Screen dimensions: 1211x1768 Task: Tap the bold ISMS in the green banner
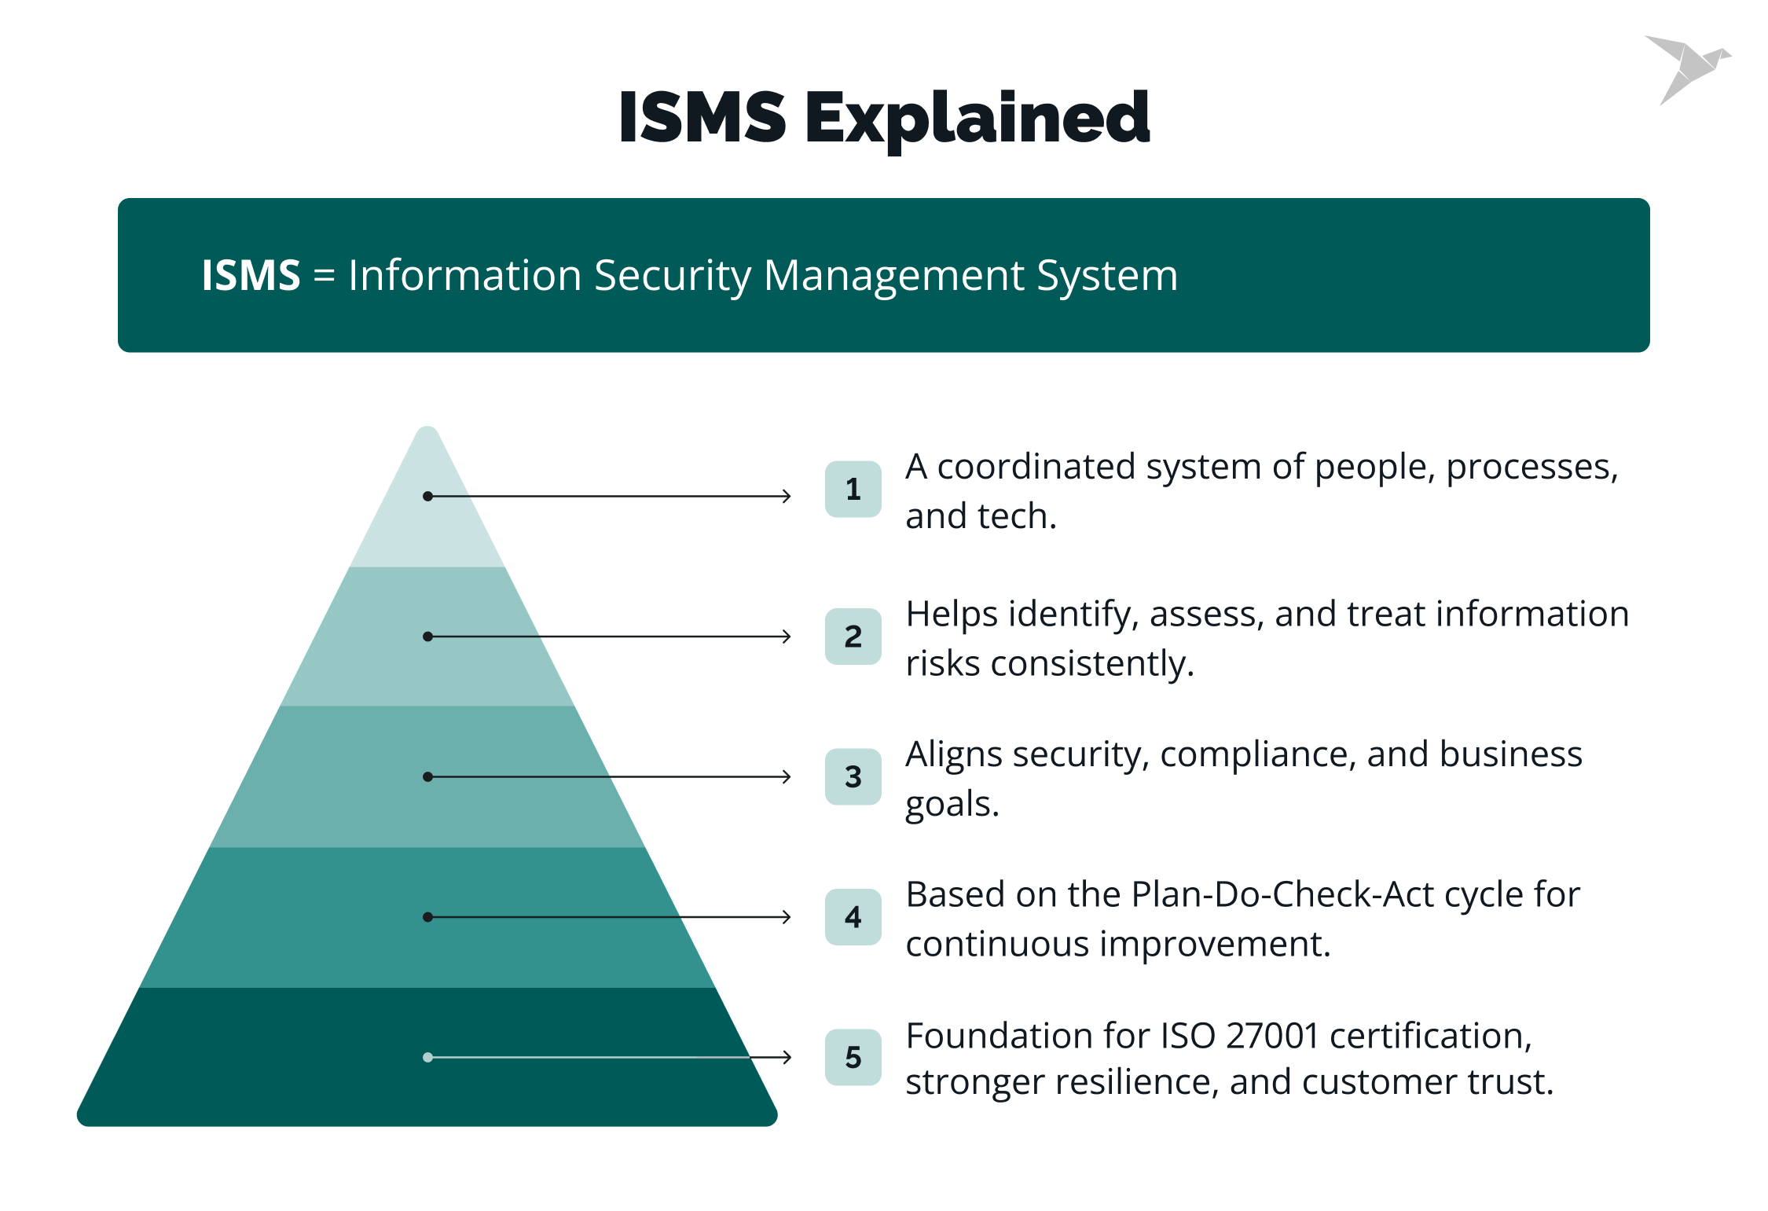(x=251, y=276)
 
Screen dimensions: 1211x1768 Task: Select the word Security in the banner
(x=672, y=276)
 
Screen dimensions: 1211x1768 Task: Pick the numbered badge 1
(x=853, y=489)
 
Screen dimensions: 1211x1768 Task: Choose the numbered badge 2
(x=853, y=637)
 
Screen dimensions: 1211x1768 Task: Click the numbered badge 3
(x=853, y=776)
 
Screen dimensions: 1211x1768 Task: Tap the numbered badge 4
(x=853, y=917)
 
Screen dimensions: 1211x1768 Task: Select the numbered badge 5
(x=853, y=1057)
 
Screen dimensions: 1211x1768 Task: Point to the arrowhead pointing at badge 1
(x=787, y=496)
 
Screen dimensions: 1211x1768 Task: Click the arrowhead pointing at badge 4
(x=787, y=917)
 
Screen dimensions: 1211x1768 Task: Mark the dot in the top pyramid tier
(x=427, y=496)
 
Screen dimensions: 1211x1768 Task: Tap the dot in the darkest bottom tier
(x=427, y=1057)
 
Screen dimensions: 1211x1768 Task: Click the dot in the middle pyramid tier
(x=427, y=776)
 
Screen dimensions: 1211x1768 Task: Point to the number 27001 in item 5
(x=1272, y=1036)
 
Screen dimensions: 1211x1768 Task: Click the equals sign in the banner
(x=324, y=277)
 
